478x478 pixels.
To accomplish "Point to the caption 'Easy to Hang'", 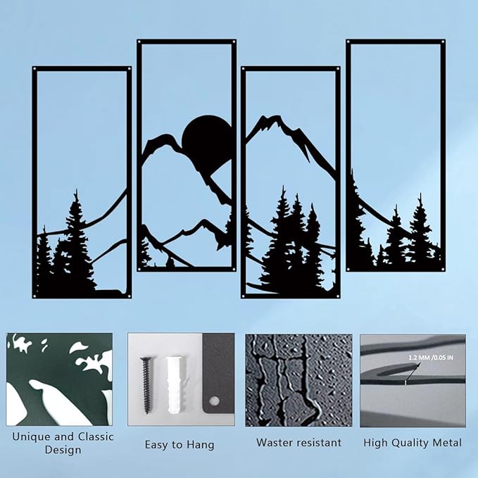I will (x=180, y=444).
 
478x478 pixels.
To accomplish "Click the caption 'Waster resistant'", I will (x=298, y=443).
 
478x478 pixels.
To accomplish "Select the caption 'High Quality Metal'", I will (x=413, y=443).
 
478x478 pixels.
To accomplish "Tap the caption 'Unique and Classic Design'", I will (x=63, y=443).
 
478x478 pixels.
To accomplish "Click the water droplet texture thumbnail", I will (x=298, y=380).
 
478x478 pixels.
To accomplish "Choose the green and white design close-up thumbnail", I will (x=59, y=380).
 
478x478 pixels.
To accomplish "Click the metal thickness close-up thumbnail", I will (x=413, y=380).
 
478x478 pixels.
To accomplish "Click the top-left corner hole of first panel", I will (x=36, y=70).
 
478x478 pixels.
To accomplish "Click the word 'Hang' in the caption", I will (x=201, y=444).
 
